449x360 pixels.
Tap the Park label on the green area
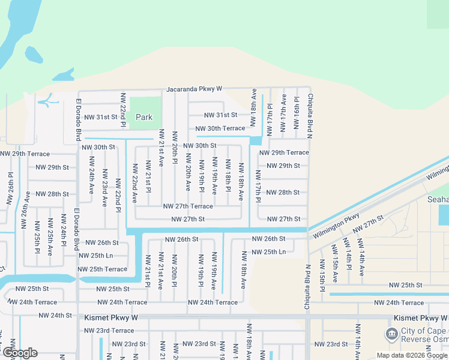[144, 117]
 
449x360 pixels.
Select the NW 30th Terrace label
[220, 128]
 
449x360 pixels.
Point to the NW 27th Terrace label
[188, 206]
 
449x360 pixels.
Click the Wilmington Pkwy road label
[343, 224]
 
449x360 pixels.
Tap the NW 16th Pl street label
[297, 112]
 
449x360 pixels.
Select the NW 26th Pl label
[10, 188]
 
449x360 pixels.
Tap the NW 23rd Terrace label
[109, 331]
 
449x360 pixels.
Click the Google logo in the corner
[20, 353]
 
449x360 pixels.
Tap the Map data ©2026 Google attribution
[412, 355]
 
